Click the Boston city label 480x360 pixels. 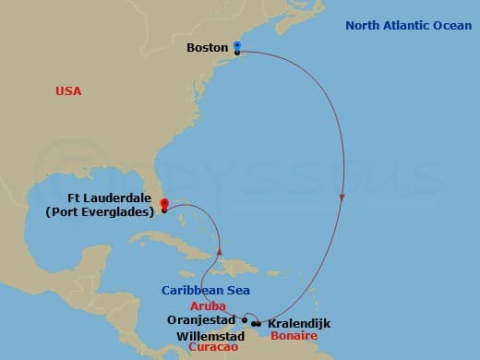click(208, 47)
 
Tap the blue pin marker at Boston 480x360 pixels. click(237, 45)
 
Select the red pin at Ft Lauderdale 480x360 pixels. click(164, 203)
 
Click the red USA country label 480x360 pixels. click(67, 90)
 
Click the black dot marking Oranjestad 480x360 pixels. click(244, 321)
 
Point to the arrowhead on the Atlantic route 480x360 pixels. click(343, 198)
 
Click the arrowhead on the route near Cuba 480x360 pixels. click(220, 250)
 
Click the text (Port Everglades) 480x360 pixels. click(100, 211)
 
